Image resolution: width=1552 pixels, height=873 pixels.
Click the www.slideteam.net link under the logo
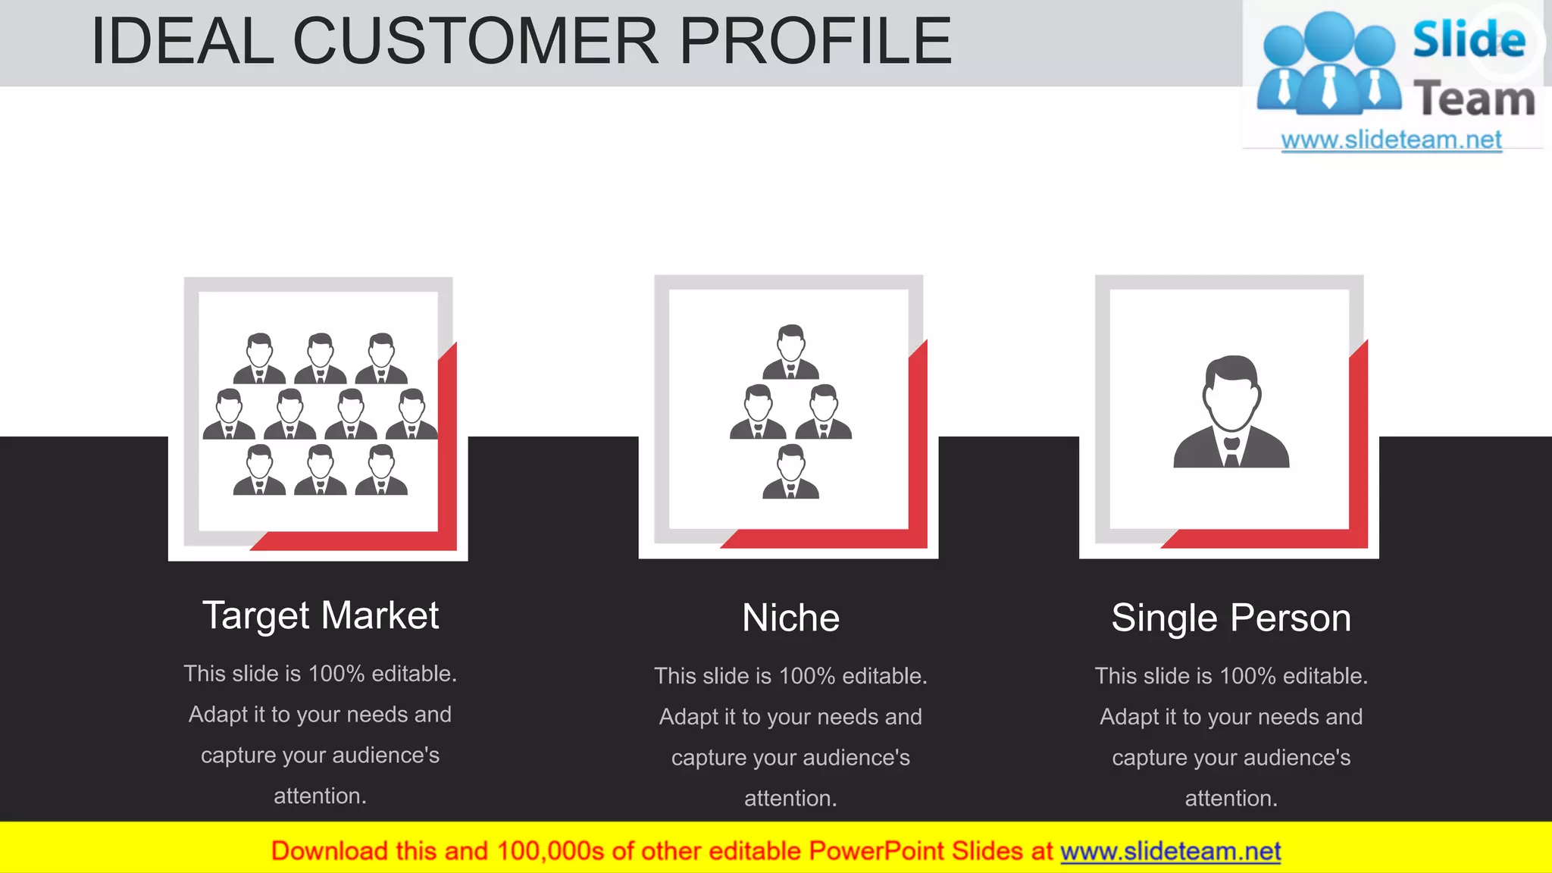click(1391, 140)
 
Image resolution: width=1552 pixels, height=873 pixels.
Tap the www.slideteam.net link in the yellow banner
click(1170, 852)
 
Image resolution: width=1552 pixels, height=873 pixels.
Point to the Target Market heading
click(320, 615)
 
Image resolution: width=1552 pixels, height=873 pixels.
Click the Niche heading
click(790, 618)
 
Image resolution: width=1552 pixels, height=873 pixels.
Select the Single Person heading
click(1231, 618)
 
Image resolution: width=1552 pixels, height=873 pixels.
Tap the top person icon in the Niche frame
click(790, 352)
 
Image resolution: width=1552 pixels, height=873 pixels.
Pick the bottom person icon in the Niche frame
click(790, 471)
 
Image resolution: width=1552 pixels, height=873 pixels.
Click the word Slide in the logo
click(1469, 39)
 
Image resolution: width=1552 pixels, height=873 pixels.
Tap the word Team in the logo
click(1474, 99)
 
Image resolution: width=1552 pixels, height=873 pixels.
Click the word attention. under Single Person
click(1231, 798)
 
